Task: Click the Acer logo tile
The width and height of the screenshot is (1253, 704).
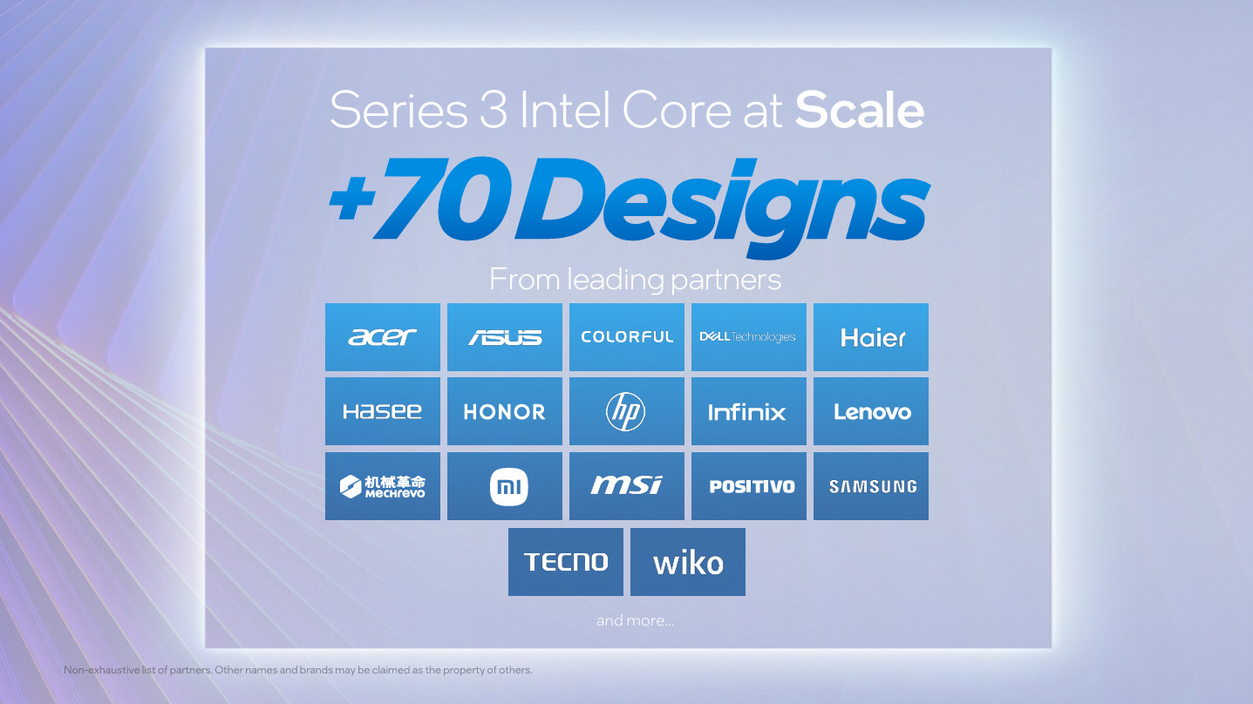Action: tap(383, 337)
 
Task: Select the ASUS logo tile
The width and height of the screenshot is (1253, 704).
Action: tap(505, 337)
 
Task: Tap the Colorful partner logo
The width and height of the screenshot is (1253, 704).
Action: tap(627, 337)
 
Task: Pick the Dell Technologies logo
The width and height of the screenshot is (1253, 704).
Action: tap(748, 337)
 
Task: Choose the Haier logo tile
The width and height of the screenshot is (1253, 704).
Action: tap(871, 337)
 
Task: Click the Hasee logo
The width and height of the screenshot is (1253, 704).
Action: tap(383, 411)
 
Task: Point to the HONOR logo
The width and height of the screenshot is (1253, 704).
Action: tap(505, 411)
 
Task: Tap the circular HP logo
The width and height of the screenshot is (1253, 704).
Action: tap(626, 411)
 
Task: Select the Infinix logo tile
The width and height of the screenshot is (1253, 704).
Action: tap(748, 411)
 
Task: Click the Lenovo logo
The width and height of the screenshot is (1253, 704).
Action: tap(871, 411)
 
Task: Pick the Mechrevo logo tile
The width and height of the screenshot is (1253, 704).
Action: tap(383, 486)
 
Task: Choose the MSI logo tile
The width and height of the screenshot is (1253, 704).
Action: tap(627, 486)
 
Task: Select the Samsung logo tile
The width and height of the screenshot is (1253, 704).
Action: tap(872, 486)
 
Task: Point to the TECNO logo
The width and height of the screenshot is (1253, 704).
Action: tap(566, 562)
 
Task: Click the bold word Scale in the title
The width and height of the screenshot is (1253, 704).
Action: tap(860, 111)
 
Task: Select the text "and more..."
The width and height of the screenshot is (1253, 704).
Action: tap(635, 620)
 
